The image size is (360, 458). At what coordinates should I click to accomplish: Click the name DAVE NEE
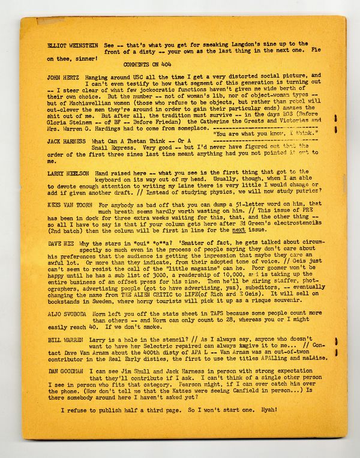pyautogui.click(x=60, y=243)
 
